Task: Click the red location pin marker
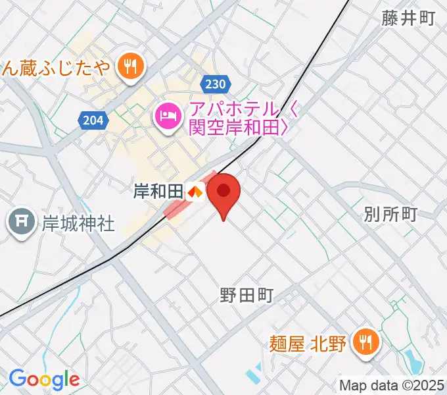223,192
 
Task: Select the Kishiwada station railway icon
195,192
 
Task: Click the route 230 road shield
214,84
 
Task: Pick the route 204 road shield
93,120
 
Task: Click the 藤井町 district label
408,18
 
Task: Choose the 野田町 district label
247,294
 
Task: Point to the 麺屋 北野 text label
308,342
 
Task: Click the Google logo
44,379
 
